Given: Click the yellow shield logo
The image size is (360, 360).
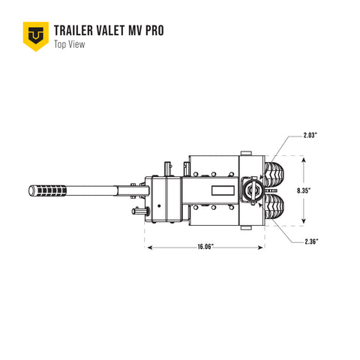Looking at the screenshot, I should tap(34, 34).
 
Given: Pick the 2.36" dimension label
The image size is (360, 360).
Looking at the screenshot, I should tap(312, 241).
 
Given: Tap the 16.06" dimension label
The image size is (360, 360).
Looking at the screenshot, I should tap(205, 246).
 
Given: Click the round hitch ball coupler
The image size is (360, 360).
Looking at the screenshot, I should tap(253, 191).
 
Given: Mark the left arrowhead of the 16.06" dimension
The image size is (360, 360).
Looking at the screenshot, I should tap(148, 246).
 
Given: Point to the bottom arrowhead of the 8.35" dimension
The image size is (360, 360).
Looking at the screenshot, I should tap(304, 223).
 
